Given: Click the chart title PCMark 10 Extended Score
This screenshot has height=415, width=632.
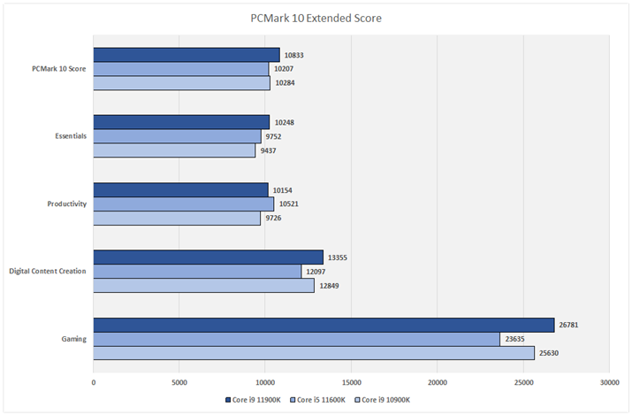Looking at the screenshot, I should pos(316,18).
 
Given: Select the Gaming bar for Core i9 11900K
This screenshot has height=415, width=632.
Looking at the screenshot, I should pos(324,325).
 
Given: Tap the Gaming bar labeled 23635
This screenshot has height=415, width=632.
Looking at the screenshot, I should pos(296,339).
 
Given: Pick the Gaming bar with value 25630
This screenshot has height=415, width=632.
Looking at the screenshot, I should pos(314,353).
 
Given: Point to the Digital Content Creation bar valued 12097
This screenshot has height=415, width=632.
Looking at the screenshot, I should pos(197,271).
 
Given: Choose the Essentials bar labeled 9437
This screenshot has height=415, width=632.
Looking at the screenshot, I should pos(174,150).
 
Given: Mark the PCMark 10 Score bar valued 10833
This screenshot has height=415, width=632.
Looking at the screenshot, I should pos(187,55).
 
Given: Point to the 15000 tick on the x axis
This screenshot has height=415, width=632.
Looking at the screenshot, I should pos(351,382).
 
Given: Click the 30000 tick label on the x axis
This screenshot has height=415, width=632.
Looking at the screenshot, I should pos(609,382).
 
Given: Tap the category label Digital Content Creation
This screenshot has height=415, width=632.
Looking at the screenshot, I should pos(47,271).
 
